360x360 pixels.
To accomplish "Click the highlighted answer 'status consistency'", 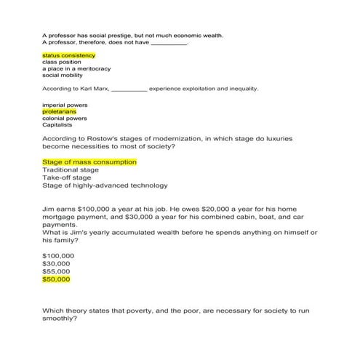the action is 68,55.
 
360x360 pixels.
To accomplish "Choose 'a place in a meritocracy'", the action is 76,68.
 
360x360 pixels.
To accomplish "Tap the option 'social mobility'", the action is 62,75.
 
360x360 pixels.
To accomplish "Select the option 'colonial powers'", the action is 64,119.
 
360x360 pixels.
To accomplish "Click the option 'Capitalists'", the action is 57,125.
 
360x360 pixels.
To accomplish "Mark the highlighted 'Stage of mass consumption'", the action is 89,161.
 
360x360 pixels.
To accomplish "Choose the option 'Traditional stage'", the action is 71,169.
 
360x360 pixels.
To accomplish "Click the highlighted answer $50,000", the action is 56,279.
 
